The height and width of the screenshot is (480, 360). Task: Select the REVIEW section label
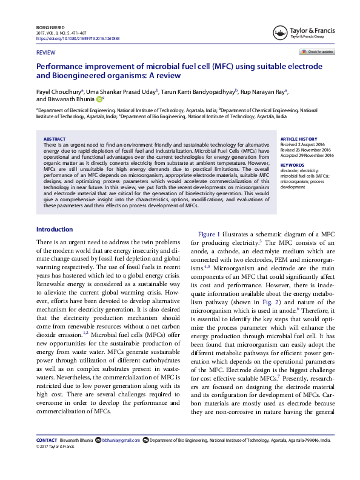point(45,54)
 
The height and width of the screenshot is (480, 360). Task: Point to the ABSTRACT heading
point(55,139)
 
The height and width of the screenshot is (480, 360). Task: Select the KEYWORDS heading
point(292,165)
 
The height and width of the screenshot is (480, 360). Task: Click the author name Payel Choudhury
point(59,89)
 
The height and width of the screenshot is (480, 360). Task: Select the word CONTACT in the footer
point(47,441)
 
